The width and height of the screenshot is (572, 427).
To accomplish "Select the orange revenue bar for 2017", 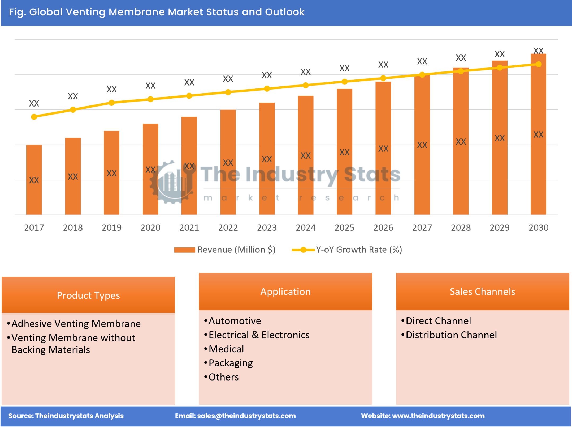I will (34, 180).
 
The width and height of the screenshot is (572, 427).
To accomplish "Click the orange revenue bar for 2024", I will (306, 155).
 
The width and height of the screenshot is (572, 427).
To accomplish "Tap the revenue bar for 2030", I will (538, 134).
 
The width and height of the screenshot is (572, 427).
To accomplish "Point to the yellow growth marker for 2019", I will (112, 103).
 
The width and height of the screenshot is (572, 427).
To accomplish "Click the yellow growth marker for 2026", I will (383, 78).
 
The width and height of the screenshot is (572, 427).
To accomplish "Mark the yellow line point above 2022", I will (228, 92).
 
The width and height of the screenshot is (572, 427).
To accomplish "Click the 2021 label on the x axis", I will (189, 227).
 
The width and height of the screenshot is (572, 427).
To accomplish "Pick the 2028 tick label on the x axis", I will (461, 227).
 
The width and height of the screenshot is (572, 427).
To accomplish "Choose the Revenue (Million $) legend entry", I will (225, 250).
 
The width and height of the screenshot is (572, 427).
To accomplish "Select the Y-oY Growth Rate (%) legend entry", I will (347, 250).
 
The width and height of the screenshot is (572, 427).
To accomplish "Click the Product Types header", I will (88, 295).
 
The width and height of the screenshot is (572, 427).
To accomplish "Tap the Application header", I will (285, 291).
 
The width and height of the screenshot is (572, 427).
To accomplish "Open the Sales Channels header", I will (482, 291).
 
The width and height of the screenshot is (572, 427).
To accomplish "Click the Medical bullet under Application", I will (226, 349).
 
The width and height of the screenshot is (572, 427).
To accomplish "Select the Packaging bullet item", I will (231, 363).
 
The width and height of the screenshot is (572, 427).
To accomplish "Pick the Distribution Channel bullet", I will (451, 335).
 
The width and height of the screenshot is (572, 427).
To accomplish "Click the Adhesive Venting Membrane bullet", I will (76, 324).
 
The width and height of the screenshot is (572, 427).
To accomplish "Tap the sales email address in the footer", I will (246, 416).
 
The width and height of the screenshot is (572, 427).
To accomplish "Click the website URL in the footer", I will (438, 416).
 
